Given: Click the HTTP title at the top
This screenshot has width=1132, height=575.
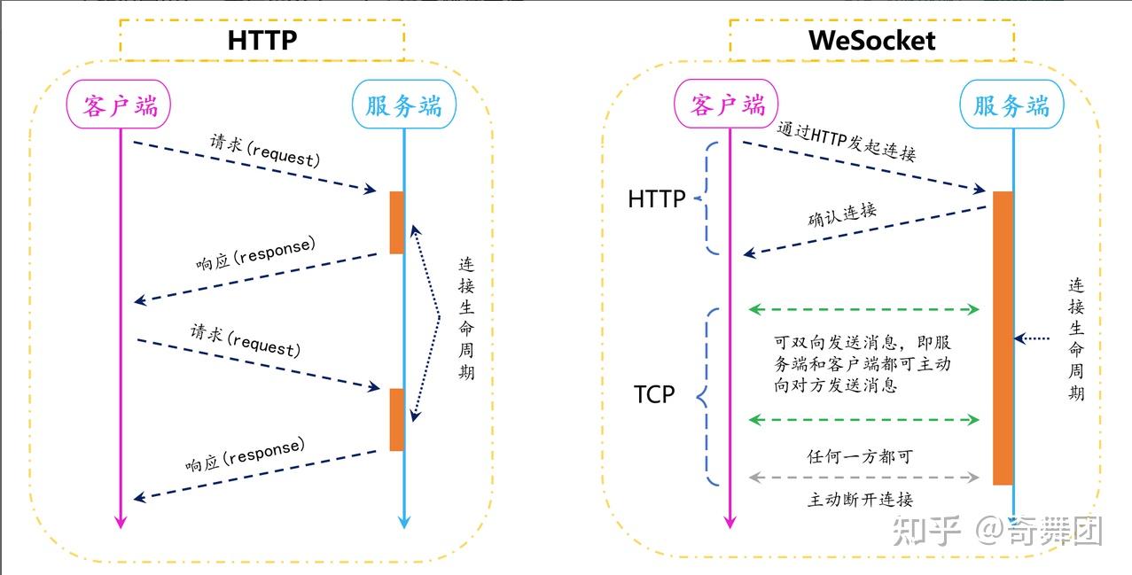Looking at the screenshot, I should click(x=262, y=40).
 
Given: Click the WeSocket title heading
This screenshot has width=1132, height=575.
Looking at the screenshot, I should click(x=871, y=40).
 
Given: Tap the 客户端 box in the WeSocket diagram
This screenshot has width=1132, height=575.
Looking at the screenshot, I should click(x=729, y=105).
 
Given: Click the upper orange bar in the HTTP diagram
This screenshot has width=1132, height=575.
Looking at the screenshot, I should click(x=396, y=221).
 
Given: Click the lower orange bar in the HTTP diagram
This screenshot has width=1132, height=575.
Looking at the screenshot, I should click(x=396, y=419).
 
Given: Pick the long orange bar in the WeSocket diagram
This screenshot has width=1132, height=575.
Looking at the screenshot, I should click(x=1003, y=337).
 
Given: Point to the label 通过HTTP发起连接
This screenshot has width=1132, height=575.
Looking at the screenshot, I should click(x=846, y=141).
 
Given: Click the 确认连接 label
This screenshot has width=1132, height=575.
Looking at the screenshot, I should click(x=842, y=215).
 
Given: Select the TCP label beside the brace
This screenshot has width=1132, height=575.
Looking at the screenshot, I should click(x=654, y=394).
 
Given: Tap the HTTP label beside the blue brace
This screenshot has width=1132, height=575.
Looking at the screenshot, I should click(x=657, y=199).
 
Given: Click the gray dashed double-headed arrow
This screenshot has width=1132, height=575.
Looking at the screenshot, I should click(x=864, y=478).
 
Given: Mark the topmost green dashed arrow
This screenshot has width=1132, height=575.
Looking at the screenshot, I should click(x=864, y=309).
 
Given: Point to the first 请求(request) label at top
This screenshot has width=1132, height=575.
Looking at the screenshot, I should click(x=264, y=150).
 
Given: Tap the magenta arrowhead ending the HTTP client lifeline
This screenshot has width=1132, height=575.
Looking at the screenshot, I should click(x=120, y=521).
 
